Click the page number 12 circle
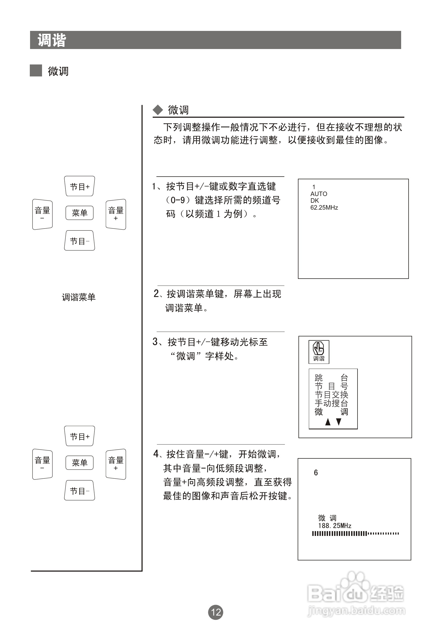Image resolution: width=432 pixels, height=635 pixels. [x=215, y=612]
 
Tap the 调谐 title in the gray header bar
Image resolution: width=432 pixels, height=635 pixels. [x=52, y=40]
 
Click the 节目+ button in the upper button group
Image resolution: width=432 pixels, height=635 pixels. [x=80, y=186]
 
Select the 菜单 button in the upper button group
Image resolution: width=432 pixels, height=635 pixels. [x=80, y=213]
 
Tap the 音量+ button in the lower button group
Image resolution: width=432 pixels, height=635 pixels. [x=116, y=464]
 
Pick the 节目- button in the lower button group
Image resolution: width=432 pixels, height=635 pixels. [x=80, y=491]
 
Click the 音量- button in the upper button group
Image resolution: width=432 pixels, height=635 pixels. [x=42, y=214]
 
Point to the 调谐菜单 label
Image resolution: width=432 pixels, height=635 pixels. [x=78, y=297]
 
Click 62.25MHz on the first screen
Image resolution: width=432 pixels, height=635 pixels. [x=324, y=208]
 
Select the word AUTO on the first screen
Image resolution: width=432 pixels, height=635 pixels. [x=318, y=194]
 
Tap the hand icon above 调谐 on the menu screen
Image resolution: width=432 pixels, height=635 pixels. [x=318, y=349]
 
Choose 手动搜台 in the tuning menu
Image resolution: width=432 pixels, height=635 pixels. [x=331, y=403]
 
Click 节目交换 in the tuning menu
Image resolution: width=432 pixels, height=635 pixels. [x=331, y=394]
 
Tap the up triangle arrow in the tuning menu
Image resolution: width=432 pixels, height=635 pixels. [x=328, y=422]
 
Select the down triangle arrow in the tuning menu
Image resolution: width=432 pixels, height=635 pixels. [x=339, y=422]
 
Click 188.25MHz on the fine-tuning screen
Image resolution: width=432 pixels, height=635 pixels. [x=335, y=526]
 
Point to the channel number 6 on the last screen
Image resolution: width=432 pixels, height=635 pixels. [x=316, y=473]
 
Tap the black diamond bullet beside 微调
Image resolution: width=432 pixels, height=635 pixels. [x=158, y=110]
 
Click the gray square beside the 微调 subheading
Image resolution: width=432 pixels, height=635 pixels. [x=36, y=71]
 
